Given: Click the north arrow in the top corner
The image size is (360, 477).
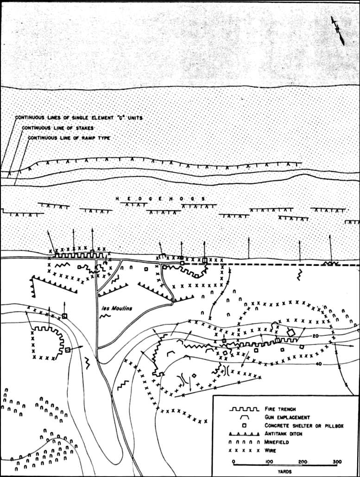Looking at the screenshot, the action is click(338, 31).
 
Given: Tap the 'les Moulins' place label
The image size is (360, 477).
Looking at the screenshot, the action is click(117, 308).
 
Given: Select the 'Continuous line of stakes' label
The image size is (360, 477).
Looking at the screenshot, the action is click(58, 128).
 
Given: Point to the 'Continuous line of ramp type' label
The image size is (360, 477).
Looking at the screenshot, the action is click(69, 138).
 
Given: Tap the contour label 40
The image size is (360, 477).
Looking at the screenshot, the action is click(319, 364).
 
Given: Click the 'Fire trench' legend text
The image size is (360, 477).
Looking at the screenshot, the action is click(280, 409).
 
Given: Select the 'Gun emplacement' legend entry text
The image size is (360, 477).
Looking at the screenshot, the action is click(287, 417).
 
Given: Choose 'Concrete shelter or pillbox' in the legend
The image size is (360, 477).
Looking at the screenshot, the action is click(304, 426).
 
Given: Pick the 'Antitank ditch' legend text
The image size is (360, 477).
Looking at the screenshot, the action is click(283, 434).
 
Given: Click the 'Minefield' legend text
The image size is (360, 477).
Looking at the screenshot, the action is click(277, 442).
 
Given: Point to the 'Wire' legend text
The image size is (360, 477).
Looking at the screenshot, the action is click(270, 450).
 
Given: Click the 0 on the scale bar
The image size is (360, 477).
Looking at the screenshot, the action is click(234, 461).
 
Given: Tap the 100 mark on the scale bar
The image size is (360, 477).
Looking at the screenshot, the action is click(269, 461).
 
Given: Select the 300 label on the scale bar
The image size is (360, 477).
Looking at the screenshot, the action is click(337, 461).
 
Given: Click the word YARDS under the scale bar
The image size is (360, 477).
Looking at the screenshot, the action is click(284, 471).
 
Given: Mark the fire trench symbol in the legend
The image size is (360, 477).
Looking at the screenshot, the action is click(244, 409).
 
